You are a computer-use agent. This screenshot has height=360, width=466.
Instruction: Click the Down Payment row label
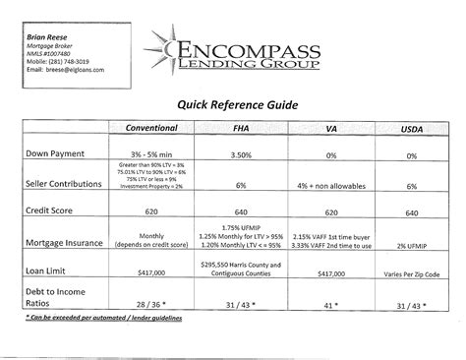pyautogui.click(x=62, y=154)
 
